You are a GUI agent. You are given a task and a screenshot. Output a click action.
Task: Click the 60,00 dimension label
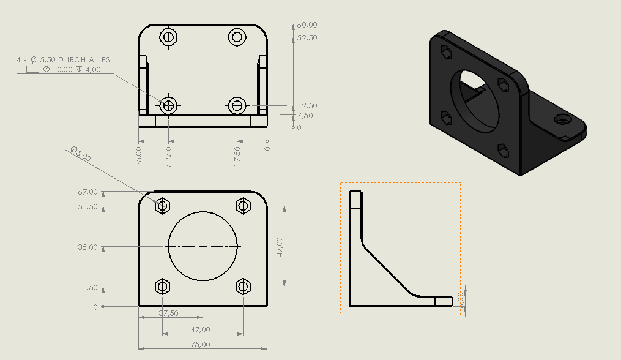tap(307, 25)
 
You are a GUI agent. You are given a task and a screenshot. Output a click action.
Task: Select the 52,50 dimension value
tap(307, 38)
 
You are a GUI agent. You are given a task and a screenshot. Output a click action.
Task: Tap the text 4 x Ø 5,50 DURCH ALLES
tap(64, 59)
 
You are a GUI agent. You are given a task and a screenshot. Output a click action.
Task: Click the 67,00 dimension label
tap(88, 192)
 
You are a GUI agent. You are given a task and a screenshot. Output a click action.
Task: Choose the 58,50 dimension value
tap(88, 207)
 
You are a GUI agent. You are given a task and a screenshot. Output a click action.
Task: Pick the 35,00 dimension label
tap(88, 247)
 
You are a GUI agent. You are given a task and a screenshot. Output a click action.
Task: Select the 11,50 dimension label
tap(88, 287)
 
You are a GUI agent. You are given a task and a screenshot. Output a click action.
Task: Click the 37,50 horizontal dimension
tap(168, 313)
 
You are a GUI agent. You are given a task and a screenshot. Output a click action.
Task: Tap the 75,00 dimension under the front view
tap(200, 345)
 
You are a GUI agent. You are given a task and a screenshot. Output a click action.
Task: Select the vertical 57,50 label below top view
tap(169, 156)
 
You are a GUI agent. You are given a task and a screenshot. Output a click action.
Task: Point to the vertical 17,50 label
tap(237, 156)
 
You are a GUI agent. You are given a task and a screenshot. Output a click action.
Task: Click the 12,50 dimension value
tap(307, 106)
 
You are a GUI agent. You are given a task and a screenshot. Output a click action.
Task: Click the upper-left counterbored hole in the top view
tap(169, 37)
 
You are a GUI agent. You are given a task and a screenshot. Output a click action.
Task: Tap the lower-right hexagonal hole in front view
tap(243, 286)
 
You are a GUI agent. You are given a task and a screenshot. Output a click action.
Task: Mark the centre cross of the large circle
tap(203, 247)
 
